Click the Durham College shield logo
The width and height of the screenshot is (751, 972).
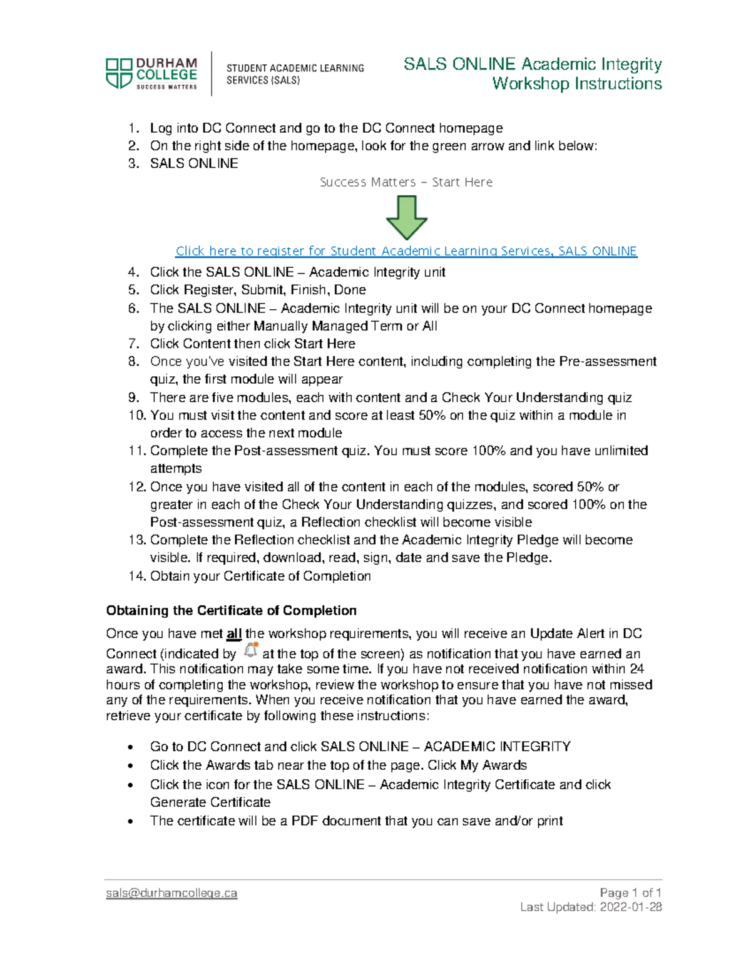click(x=119, y=73)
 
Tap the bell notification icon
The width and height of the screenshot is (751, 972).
click(x=251, y=650)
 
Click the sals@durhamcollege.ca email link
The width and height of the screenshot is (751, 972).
click(x=171, y=893)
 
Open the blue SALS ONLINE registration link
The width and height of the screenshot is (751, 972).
click(x=406, y=251)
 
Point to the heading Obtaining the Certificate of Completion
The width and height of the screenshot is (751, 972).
click(x=231, y=610)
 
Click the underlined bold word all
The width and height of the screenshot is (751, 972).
click(x=234, y=634)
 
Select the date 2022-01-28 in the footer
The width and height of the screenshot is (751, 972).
click(x=631, y=908)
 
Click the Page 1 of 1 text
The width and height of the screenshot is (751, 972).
click(x=630, y=893)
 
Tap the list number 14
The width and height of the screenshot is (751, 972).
click(x=137, y=576)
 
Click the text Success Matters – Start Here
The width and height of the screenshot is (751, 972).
click(x=406, y=182)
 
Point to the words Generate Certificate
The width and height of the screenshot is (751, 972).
click(x=210, y=802)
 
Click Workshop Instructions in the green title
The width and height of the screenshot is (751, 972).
click(x=576, y=84)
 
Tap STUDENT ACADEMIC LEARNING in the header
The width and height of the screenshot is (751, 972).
click(x=295, y=68)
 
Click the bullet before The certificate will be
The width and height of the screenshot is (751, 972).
click(x=130, y=821)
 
